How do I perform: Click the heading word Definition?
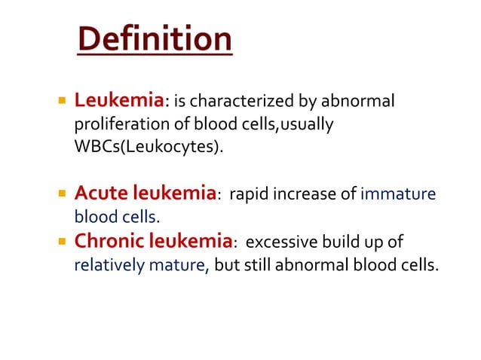pos(154,40)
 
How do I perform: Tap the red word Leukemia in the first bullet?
pos(119,100)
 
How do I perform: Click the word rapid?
pos(248,194)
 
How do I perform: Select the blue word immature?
pos(398,194)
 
